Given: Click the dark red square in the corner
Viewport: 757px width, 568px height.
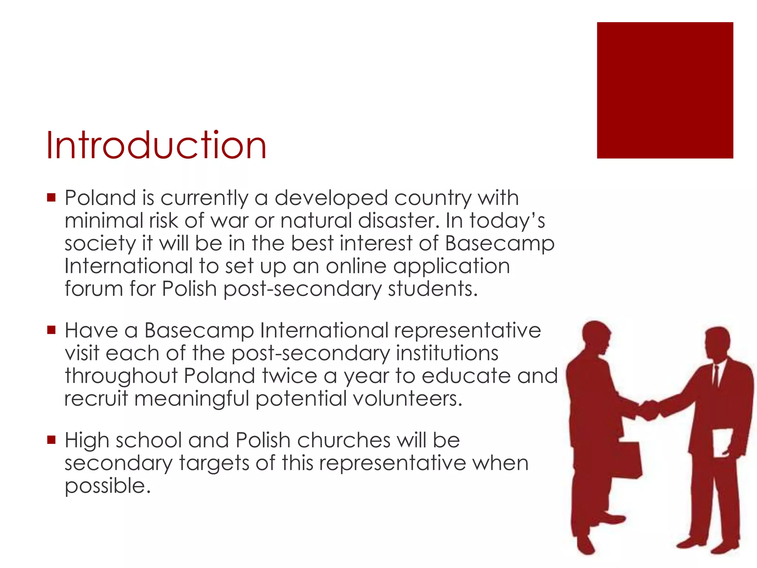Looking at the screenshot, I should [665, 90].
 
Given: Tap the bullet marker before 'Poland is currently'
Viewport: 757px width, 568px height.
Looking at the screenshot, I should [51, 197].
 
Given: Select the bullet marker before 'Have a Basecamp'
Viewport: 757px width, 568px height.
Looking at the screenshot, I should [51, 329].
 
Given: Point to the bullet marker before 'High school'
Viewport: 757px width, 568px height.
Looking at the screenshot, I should [51, 440].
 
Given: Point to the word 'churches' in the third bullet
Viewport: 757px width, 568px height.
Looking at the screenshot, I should [344, 440].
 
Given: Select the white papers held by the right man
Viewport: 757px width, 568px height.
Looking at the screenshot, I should [722, 442].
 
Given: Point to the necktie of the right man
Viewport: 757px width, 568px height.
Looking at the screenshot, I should [716, 375].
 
